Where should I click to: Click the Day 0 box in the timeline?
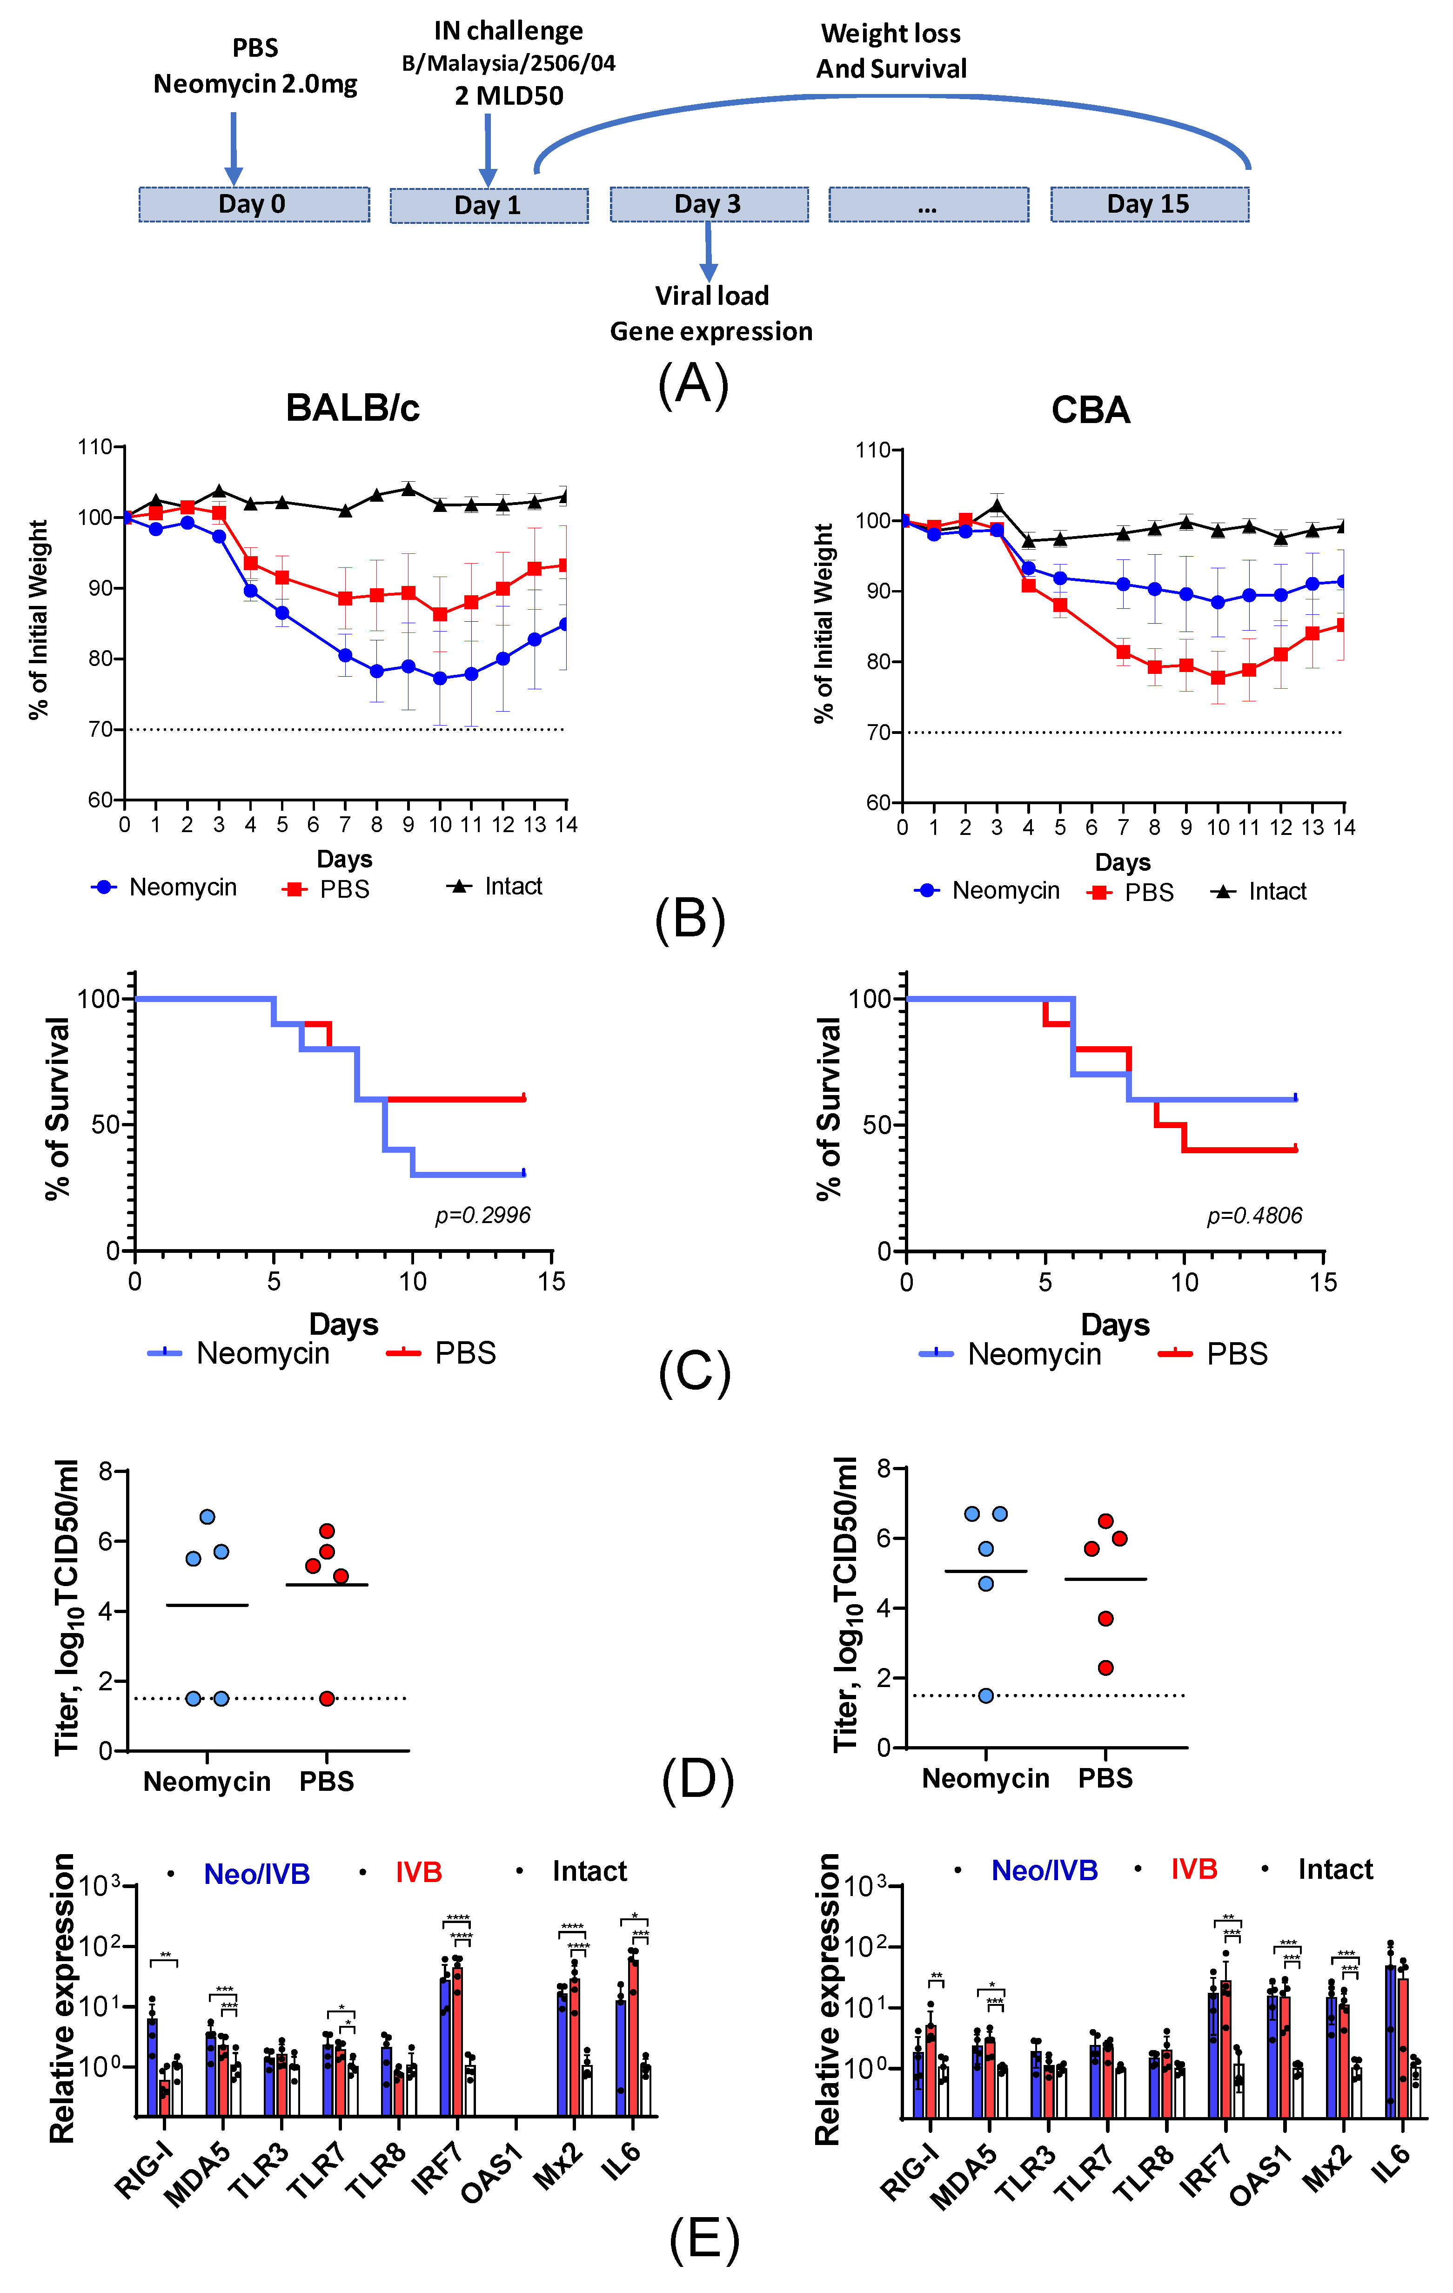(x=254, y=204)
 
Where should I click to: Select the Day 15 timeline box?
(x=1149, y=204)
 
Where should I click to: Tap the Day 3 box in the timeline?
(x=710, y=204)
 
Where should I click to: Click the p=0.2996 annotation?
(x=483, y=1215)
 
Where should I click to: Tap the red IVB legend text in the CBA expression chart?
(x=1194, y=1869)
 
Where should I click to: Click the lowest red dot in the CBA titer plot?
(x=1105, y=1668)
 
